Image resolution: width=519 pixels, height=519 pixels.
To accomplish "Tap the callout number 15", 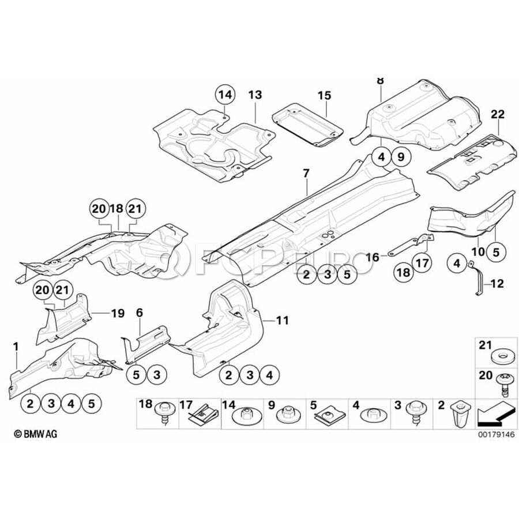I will (x=324, y=95).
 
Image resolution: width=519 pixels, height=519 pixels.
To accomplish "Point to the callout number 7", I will (x=306, y=172).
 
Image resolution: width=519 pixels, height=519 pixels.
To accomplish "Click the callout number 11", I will (x=282, y=319).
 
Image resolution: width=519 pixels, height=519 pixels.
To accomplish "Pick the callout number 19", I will (x=118, y=314).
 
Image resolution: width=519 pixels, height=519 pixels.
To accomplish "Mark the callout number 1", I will (x=16, y=346).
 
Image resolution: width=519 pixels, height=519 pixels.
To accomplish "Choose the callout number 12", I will (x=497, y=284).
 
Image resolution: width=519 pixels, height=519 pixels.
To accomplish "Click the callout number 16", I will (x=373, y=257).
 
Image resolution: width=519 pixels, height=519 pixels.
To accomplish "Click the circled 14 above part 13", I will (x=224, y=94).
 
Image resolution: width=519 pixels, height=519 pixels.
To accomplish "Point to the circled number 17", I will (x=422, y=264).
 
